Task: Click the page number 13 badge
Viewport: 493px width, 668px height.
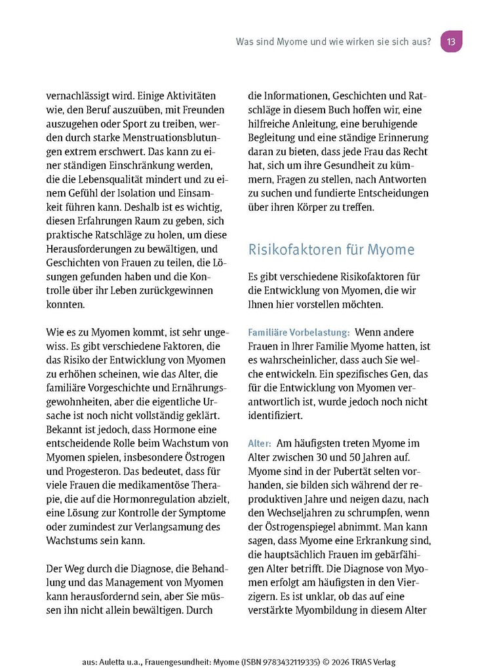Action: pyautogui.click(x=451, y=41)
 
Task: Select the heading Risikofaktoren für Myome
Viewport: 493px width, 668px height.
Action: pyautogui.click(x=331, y=250)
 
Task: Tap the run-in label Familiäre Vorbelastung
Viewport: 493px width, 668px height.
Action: pyautogui.click(x=298, y=333)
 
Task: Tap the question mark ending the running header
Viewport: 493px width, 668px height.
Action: pyautogui.click(x=428, y=42)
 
